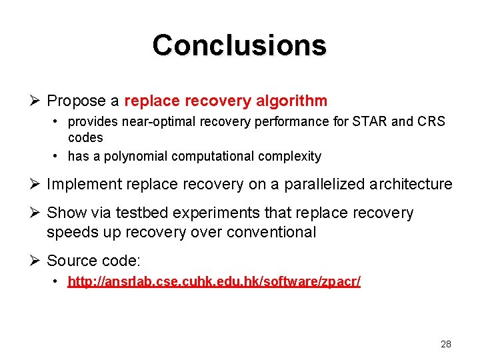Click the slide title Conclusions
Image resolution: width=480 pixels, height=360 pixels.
(239, 45)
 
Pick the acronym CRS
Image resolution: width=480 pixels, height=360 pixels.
(431, 122)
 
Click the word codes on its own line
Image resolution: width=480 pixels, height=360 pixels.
(85, 138)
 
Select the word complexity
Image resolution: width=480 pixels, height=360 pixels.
(291, 157)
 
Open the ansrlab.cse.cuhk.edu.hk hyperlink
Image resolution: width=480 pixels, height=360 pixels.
(214, 282)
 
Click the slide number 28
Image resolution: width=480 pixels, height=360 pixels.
(446, 344)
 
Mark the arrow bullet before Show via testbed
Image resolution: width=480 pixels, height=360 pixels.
(35, 213)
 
